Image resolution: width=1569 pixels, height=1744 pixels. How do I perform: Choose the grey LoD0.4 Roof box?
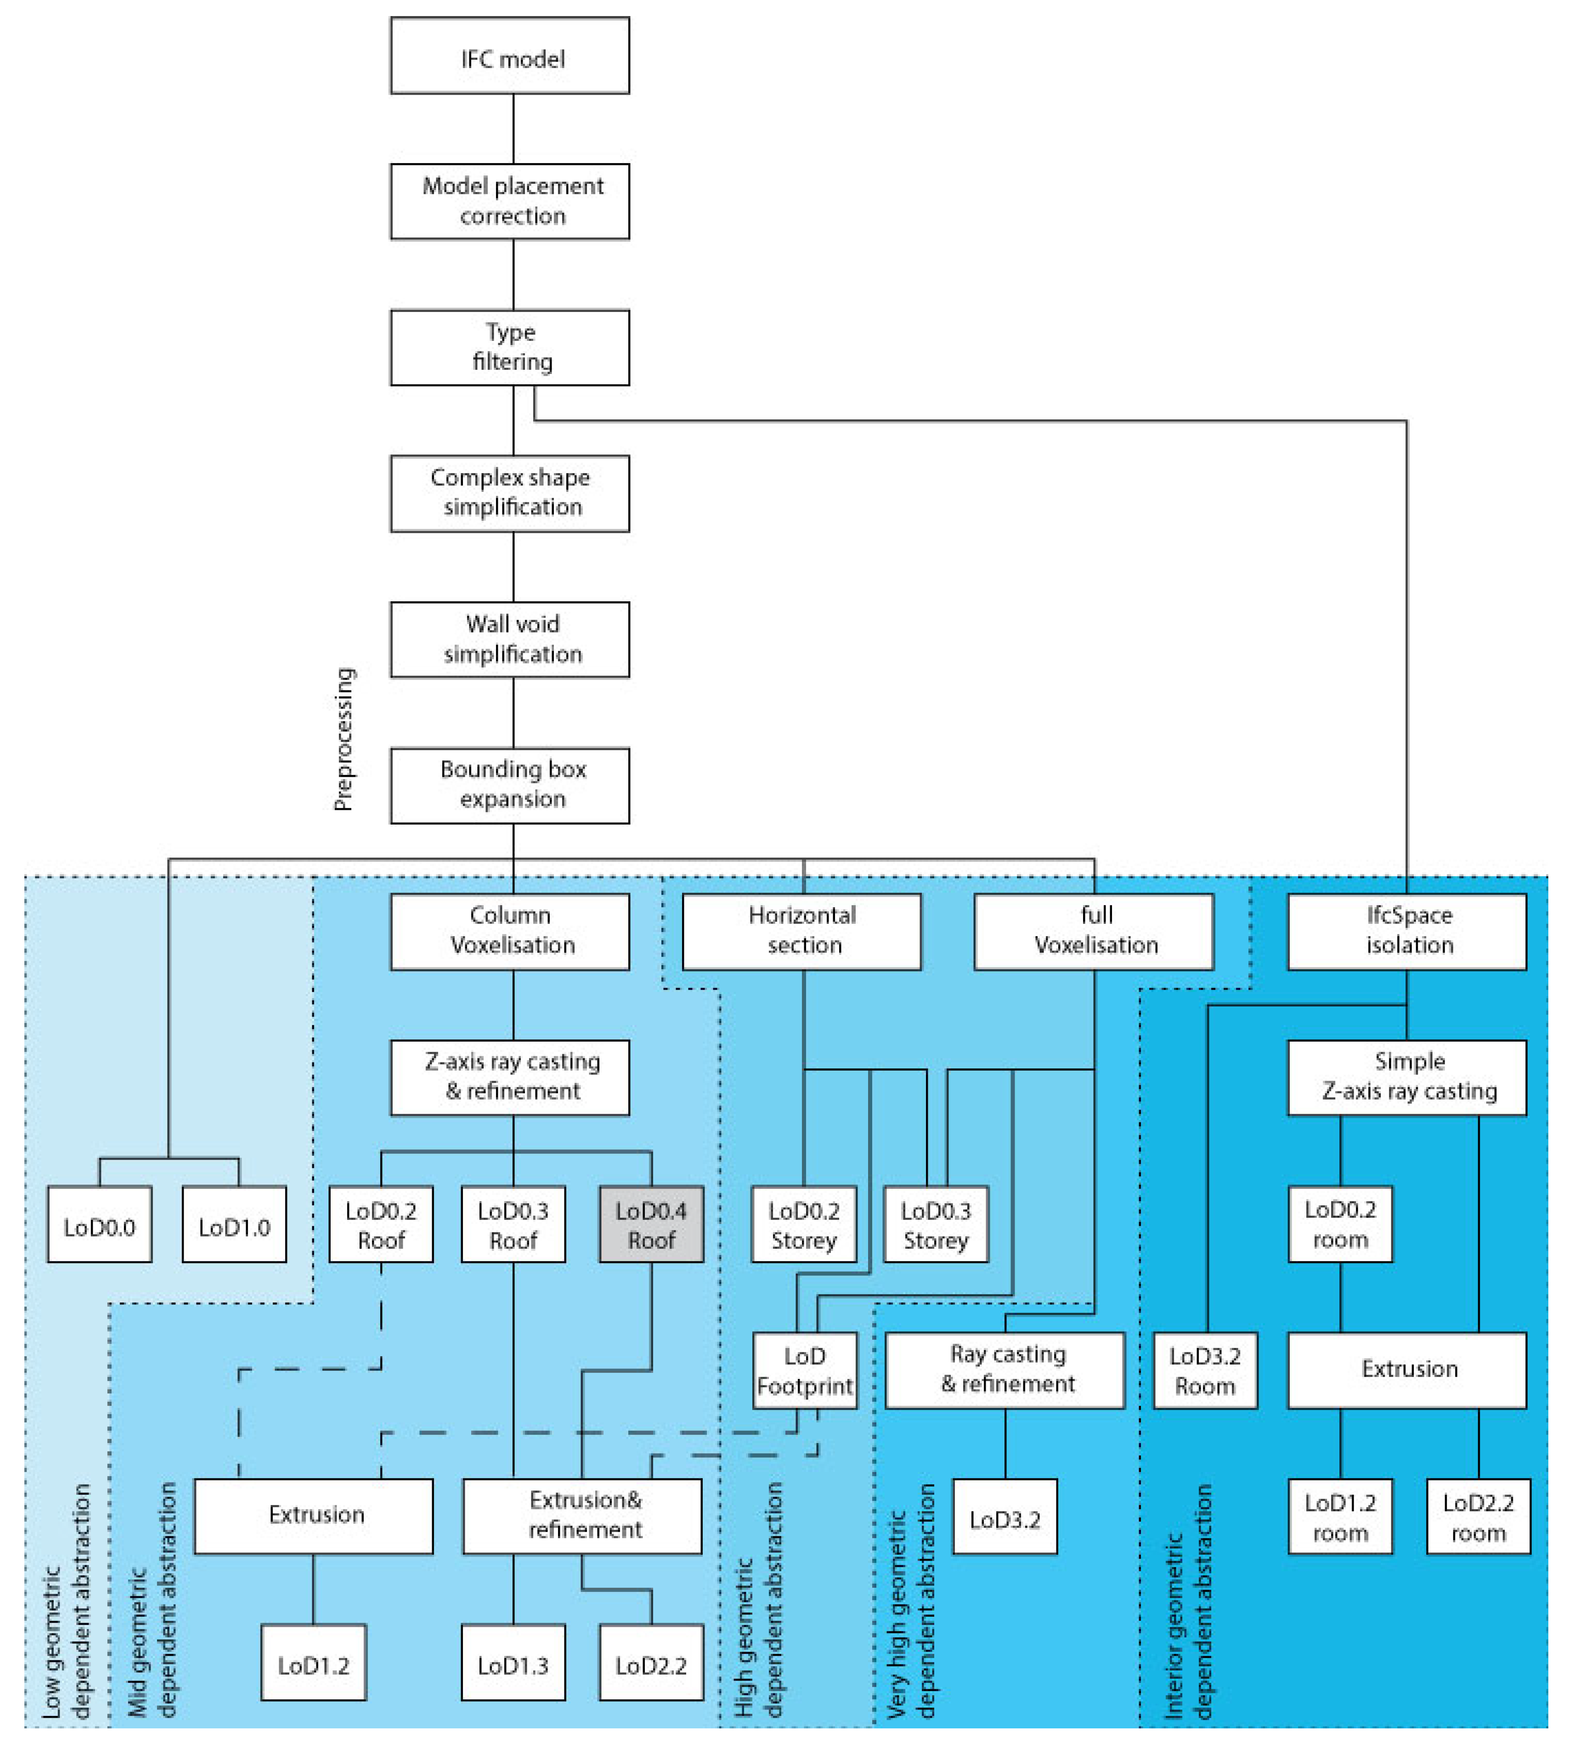click(651, 1224)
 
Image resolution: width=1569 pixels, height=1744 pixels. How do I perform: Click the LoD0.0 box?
click(99, 1224)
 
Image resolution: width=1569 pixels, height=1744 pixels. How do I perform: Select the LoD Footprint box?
click(804, 1371)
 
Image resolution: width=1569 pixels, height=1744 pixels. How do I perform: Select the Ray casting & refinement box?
click(1005, 1371)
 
